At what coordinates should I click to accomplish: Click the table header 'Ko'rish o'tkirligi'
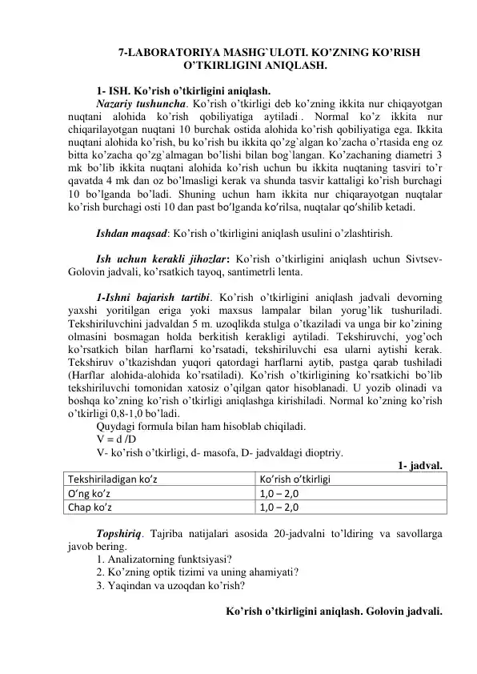tap(295, 479)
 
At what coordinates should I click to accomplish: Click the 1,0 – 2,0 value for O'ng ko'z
tap(279, 493)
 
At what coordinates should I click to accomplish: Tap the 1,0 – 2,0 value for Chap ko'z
tap(279, 507)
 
